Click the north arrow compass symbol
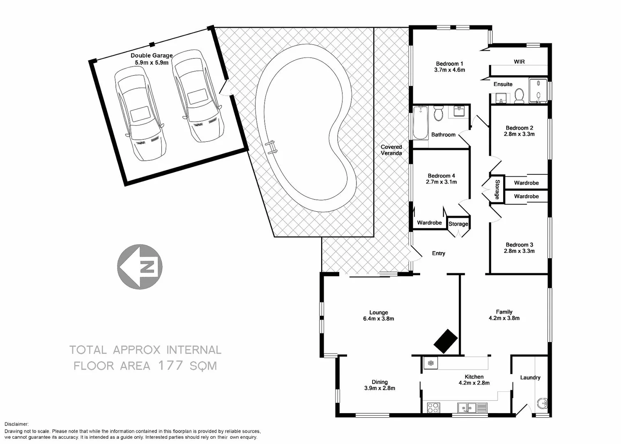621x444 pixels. point(140,267)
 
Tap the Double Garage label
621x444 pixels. point(152,55)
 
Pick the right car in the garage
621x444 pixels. point(198,96)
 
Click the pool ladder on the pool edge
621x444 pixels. point(271,147)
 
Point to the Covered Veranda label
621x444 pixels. point(391,150)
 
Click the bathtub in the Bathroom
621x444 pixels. point(420,123)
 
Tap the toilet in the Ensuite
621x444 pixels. point(520,96)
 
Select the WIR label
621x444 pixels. point(519,62)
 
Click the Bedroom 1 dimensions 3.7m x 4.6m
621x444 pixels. point(449,70)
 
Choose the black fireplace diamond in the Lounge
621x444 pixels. point(446,341)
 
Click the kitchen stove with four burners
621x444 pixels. point(433,407)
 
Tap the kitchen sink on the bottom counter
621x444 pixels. point(467,408)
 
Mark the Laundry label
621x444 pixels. point(530,377)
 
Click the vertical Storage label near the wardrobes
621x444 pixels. point(497,189)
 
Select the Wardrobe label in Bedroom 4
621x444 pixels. point(429,223)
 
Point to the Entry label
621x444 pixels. point(438,253)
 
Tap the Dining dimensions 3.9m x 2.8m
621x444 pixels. point(379,388)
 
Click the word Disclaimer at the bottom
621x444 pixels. point(16,424)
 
